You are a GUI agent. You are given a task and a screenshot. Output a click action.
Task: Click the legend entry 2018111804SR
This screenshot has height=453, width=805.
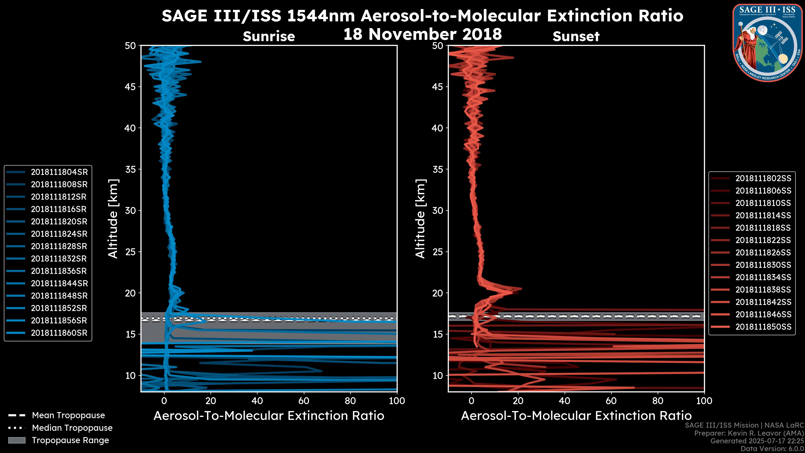(59, 172)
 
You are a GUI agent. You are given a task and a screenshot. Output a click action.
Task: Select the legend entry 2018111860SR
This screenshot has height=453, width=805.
(59, 333)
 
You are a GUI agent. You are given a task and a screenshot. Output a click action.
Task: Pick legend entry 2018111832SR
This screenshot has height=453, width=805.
(59, 259)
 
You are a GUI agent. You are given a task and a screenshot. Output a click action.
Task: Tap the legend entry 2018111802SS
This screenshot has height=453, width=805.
(763, 178)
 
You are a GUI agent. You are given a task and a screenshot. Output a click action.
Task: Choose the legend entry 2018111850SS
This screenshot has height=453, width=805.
(763, 327)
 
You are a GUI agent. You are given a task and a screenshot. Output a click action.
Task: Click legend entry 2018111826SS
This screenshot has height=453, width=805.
(763, 253)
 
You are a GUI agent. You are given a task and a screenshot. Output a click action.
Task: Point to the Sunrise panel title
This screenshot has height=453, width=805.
(269, 36)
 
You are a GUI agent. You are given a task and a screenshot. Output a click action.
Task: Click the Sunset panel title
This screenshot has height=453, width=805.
(576, 36)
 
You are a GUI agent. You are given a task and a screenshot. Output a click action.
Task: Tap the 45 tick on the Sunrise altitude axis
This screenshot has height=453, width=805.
(131, 87)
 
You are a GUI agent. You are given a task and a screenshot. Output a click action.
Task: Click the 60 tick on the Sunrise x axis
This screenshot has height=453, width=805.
(304, 401)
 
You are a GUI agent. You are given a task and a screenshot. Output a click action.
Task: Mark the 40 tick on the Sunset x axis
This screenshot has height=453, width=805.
(564, 401)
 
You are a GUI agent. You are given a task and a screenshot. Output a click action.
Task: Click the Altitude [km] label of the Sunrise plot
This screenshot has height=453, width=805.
(113, 219)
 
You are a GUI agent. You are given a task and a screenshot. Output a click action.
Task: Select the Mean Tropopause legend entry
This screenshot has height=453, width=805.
(68, 415)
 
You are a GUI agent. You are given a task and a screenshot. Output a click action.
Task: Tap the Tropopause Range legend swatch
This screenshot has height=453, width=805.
(17, 440)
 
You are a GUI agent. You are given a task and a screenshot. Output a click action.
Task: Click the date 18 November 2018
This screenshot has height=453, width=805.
(422, 34)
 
